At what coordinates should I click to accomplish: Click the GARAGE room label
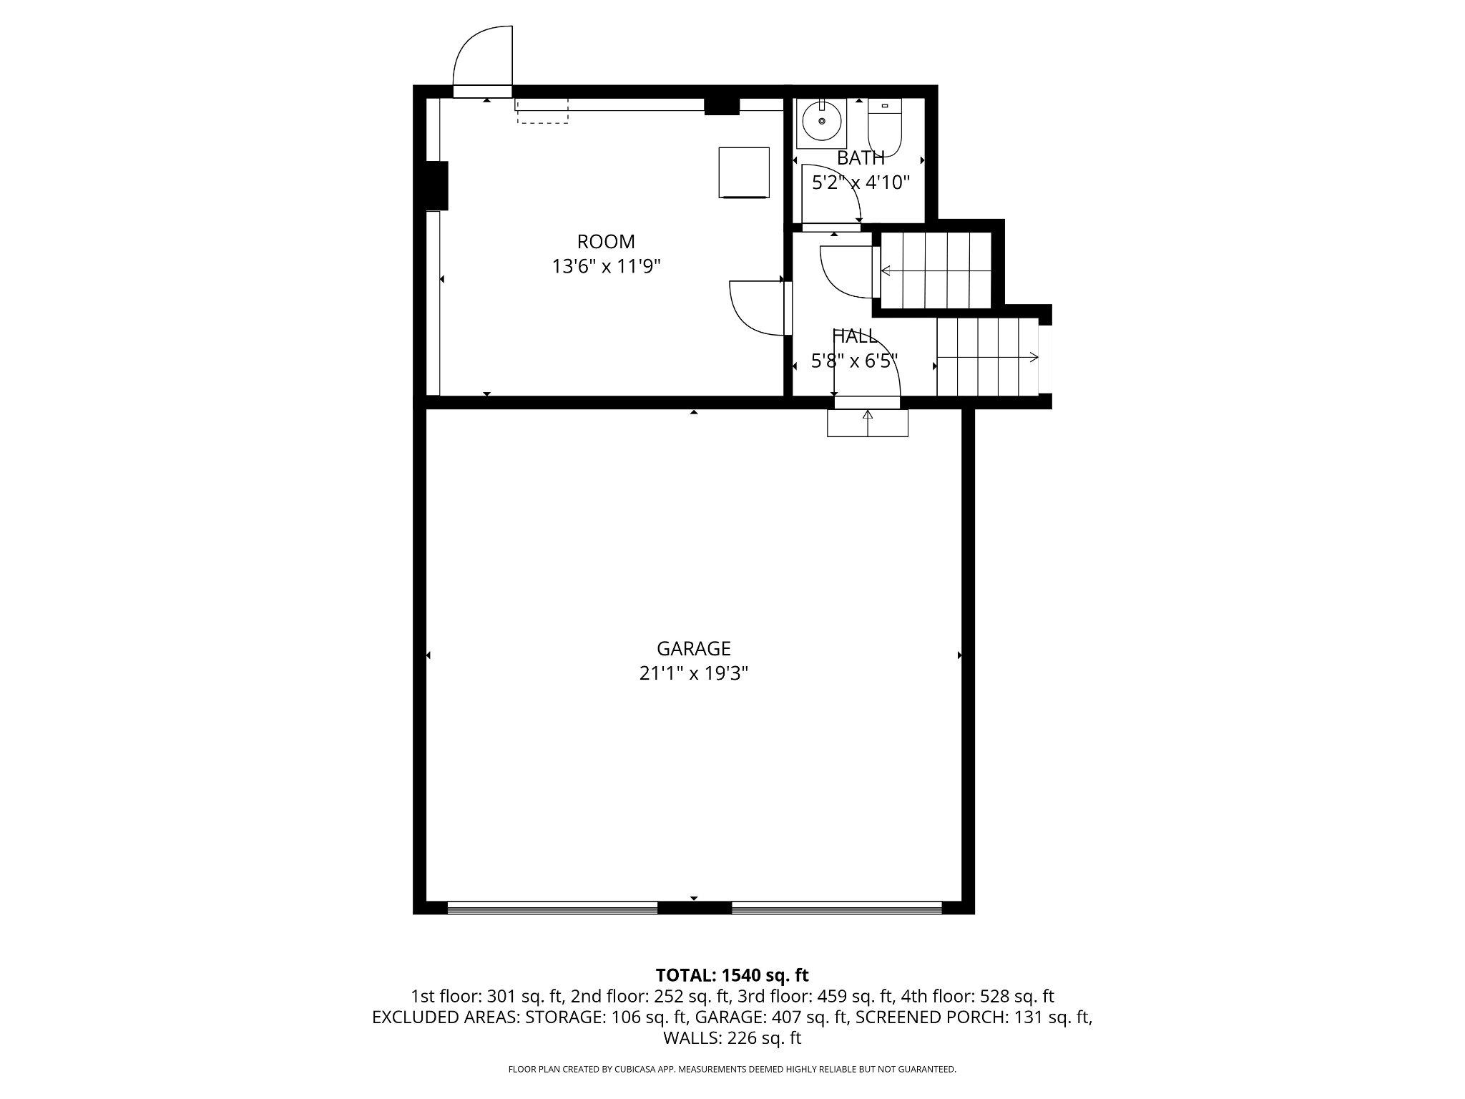coord(693,648)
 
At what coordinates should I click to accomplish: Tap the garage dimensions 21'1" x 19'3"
coord(693,673)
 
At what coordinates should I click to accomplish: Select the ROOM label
coord(606,242)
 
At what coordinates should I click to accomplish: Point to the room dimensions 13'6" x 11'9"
coord(606,266)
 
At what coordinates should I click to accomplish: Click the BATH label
coord(861,158)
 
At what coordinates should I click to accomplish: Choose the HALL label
coord(854,336)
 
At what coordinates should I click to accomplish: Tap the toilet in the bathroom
coord(885,127)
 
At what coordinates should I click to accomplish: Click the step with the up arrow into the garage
coord(868,423)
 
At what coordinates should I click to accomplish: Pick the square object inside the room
coord(744,172)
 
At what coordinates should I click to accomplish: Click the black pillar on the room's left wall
coord(436,185)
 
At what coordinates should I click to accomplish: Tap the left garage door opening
coord(552,908)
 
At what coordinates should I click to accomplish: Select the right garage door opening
coord(836,908)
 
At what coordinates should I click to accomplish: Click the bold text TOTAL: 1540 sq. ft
coord(732,975)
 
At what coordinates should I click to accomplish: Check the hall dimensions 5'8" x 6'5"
coord(854,361)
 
